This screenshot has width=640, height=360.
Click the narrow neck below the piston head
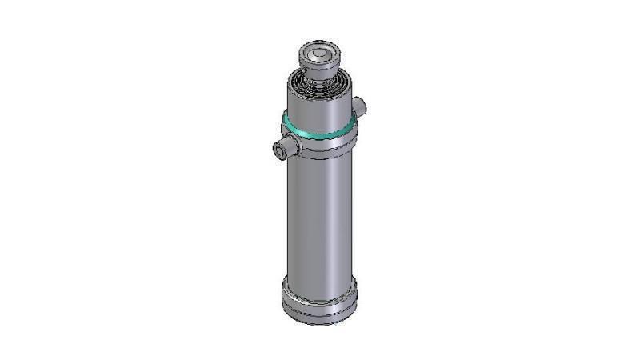(x=320, y=78)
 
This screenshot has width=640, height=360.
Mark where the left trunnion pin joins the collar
(x=297, y=144)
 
